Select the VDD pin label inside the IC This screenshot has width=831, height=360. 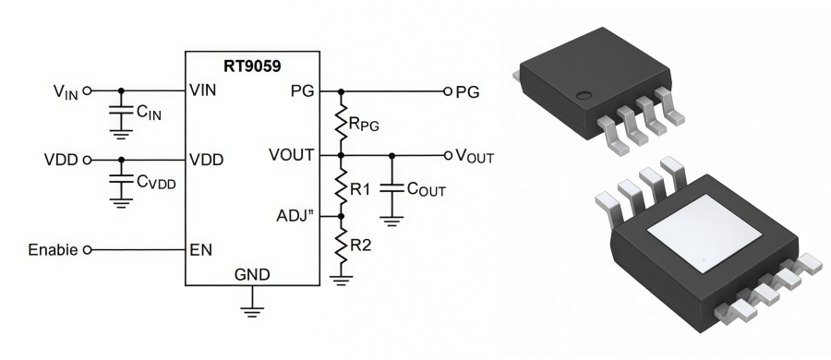[205, 159]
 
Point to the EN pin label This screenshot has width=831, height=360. [199, 249]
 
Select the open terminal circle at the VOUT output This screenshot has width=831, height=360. [449, 154]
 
